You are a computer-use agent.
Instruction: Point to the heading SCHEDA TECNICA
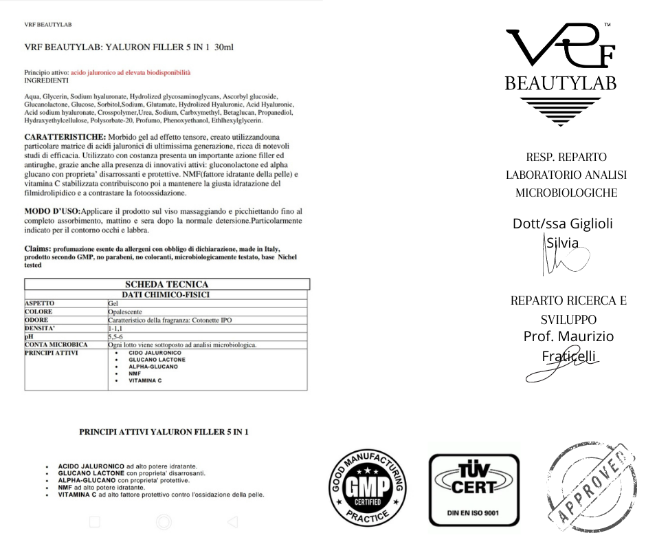click(x=167, y=285)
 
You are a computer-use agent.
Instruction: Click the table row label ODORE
click(x=36, y=320)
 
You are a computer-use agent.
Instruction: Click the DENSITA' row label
click(x=41, y=329)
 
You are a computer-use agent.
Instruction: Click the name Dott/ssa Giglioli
click(x=563, y=224)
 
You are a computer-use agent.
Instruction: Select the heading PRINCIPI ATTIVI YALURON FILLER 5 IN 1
click(x=164, y=432)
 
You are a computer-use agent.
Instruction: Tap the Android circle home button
click(x=164, y=522)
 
